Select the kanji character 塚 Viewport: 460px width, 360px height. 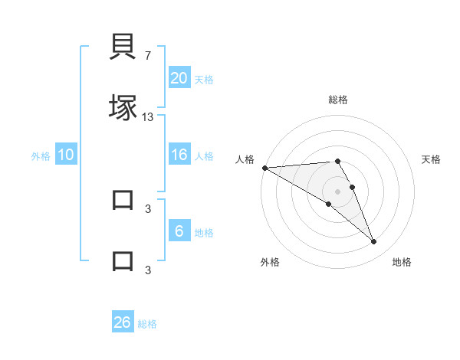[123, 106]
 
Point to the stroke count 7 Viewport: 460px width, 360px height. [148, 56]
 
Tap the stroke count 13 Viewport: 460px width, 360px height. [148, 117]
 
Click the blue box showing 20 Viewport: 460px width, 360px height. [179, 78]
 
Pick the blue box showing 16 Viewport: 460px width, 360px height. [179, 155]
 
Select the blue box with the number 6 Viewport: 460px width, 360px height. [179, 231]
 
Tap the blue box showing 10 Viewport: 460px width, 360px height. [66, 155]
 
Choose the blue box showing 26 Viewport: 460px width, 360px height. [123, 322]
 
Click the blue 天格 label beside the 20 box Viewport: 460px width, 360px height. [204, 80]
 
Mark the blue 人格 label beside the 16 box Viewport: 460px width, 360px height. [204, 156]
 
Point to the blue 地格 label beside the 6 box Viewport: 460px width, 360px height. [204, 233]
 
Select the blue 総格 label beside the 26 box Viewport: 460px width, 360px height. [147, 324]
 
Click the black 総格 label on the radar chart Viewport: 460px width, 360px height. [337, 100]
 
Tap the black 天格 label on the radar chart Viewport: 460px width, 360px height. [432, 159]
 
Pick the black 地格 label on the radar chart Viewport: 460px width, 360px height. [402, 262]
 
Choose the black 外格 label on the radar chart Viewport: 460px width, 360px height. [270, 262]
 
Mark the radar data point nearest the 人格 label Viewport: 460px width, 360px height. [264, 168]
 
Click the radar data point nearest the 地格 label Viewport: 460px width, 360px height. [374, 242]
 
